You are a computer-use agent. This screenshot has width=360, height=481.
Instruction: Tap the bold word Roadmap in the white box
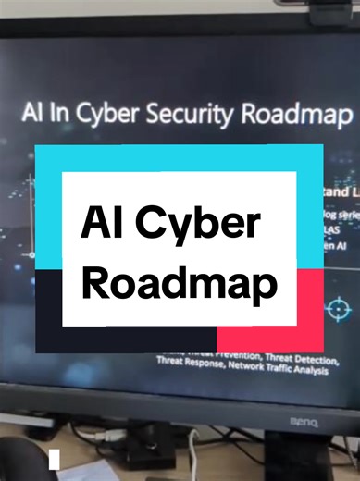180,282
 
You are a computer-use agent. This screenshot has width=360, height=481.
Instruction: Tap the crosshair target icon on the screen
339,306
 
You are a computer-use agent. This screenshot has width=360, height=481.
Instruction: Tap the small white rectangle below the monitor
55,458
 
